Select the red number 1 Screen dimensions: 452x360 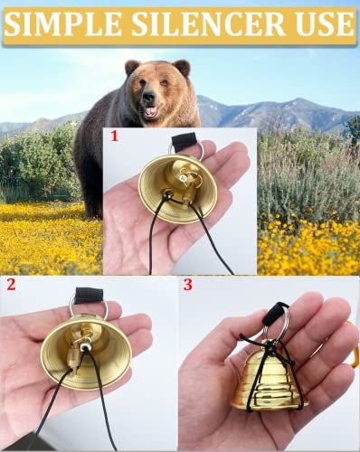pyautogui.click(x=114, y=137)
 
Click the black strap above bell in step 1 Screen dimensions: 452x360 pyautogui.click(x=188, y=141)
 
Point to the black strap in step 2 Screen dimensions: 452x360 pyautogui.click(x=89, y=295)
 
